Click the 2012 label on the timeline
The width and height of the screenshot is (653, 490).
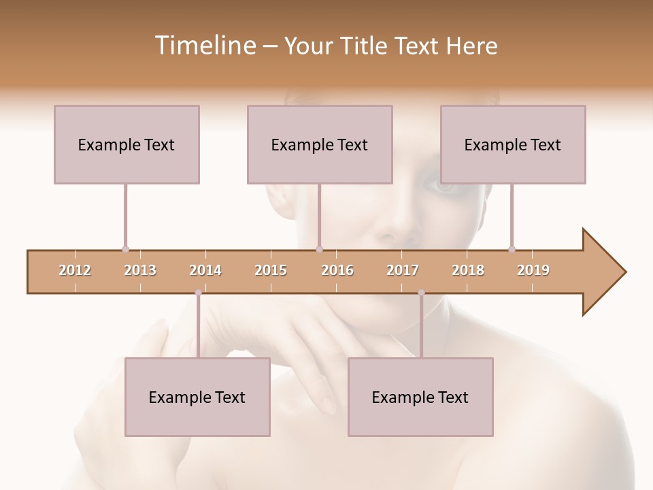75,270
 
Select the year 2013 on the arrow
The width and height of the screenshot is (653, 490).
140,270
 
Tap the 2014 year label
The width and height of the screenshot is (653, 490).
205,270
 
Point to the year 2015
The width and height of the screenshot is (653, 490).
271,270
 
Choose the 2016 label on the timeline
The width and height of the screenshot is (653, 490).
337,270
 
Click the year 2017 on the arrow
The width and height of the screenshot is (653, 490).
403,270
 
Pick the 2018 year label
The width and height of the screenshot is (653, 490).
468,270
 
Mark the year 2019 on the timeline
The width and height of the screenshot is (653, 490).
533,270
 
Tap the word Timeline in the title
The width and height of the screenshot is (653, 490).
203,46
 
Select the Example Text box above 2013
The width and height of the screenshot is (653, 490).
127,144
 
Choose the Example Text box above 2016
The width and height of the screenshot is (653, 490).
320,144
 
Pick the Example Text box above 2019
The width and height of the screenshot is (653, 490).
513,144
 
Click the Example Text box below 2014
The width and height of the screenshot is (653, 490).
197,397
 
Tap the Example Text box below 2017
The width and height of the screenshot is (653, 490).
420,397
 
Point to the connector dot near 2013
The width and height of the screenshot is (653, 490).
125,249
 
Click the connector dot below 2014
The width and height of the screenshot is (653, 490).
198,293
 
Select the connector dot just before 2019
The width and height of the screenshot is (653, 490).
512,249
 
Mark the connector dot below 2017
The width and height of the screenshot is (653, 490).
421,293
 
